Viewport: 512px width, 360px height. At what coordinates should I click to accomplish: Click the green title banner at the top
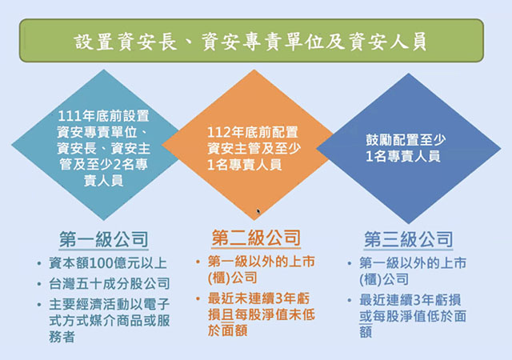(251, 41)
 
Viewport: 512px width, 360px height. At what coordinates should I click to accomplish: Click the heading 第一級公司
(104, 239)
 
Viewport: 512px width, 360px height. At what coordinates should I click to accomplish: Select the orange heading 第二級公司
(256, 238)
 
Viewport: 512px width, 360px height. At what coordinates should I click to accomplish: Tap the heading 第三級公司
(409, 239)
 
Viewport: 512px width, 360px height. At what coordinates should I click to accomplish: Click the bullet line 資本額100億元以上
(108, 263)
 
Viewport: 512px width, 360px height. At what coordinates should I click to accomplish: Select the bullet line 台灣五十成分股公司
(110, 283)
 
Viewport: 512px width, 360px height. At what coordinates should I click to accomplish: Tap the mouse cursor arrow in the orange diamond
(258, 211)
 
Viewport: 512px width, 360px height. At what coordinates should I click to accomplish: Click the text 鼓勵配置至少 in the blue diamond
(406, 140)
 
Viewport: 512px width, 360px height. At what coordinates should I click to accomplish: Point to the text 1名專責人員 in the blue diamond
(403, 157)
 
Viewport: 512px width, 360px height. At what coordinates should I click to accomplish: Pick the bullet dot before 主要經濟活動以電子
(39, 305)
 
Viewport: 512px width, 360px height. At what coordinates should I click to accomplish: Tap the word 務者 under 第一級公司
(62, 337)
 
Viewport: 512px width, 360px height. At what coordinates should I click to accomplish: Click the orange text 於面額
(227, 330)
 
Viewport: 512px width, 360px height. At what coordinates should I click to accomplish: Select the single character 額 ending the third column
(366, 332)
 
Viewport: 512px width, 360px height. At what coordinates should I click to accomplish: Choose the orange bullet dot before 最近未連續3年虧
(198, 298)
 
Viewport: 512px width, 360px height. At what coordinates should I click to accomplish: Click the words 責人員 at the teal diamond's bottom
(103, 180)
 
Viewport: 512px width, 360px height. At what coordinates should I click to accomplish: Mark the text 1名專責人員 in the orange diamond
(245, 165)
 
